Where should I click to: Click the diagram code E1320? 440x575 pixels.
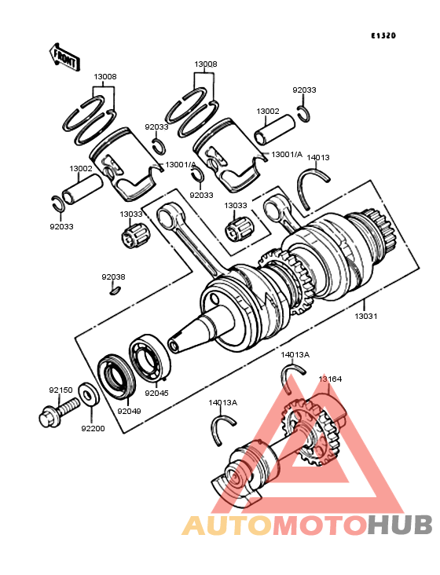384,36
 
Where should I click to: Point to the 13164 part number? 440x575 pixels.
330,379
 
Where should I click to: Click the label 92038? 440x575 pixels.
112,277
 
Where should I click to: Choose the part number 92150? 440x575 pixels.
60,390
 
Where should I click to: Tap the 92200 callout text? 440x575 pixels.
93,428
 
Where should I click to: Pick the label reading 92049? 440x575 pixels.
129,410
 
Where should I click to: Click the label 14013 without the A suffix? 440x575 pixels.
318,157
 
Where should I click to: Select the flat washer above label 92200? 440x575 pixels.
89,393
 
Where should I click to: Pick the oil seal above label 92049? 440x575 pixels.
117,378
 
